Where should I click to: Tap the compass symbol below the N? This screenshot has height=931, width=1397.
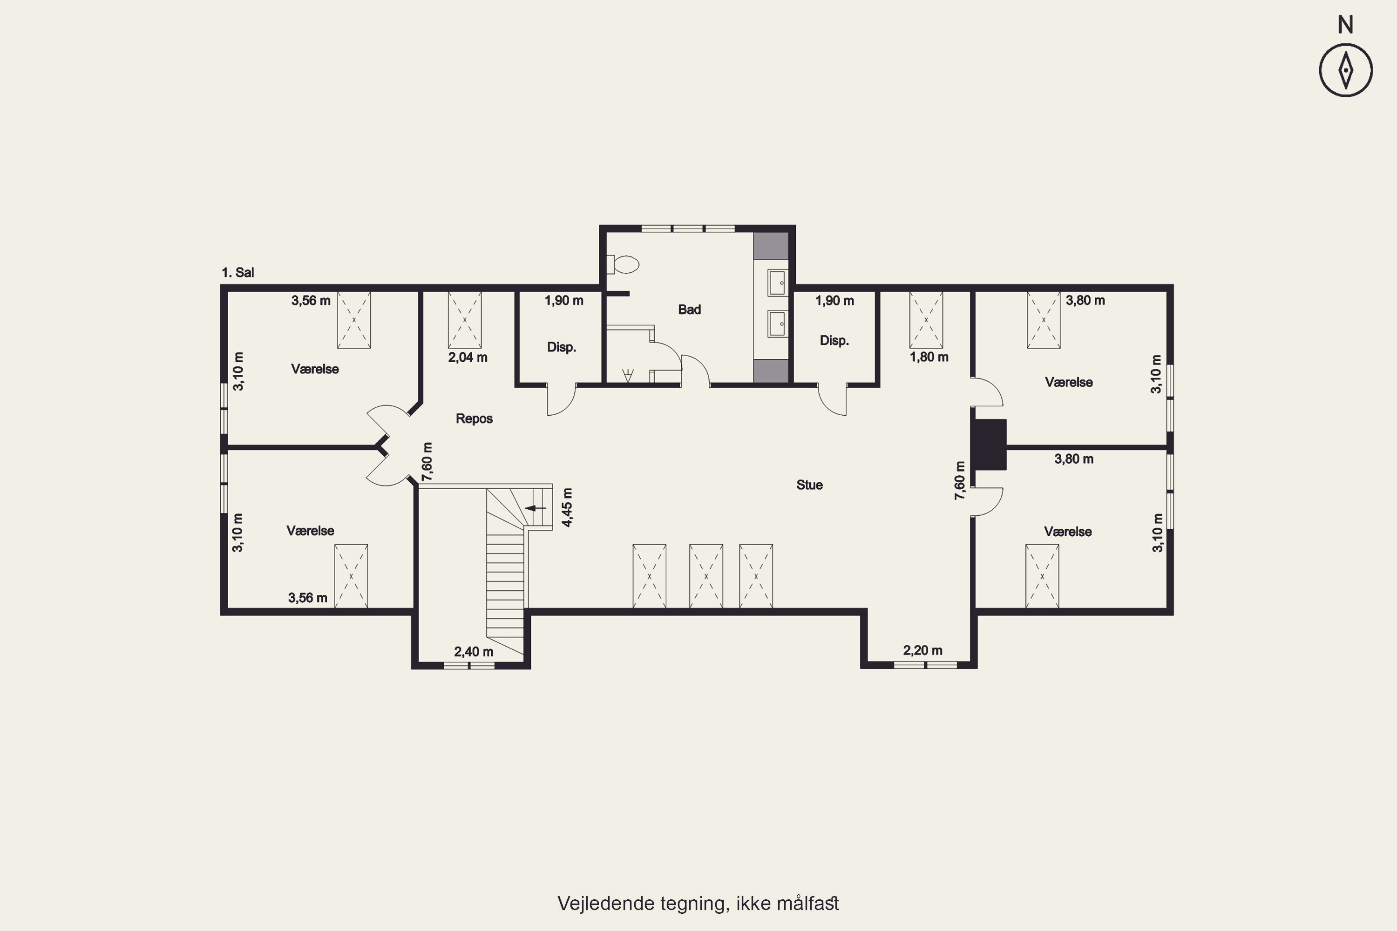pyautogui.click(x=1345, y=69)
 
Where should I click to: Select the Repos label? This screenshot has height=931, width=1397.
pyautogui.click(x=474, y=418)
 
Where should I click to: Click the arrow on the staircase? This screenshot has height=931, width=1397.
pyautogui.click(x=536, y=508)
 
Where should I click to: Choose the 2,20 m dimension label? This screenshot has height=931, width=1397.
pyautogui.click(x=922, y=650)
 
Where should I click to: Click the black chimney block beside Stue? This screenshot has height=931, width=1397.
pyautogui.click(x=989, y=445)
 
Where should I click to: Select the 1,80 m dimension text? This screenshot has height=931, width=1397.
pyautogui.click(x=929, y=357)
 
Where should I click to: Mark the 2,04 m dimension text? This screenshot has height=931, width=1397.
pyautogui.click(x=468, y=358)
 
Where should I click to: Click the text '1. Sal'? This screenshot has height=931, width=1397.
pyautogui.click(x=237, y=272)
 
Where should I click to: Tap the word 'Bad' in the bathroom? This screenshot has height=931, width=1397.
pyautogui.click(x=689, y=310)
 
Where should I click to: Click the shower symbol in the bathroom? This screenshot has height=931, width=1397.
pyautogui.click(x=628, y=375)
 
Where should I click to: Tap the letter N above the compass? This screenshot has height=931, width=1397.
pyautogui.click(x=1345, y=25)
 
